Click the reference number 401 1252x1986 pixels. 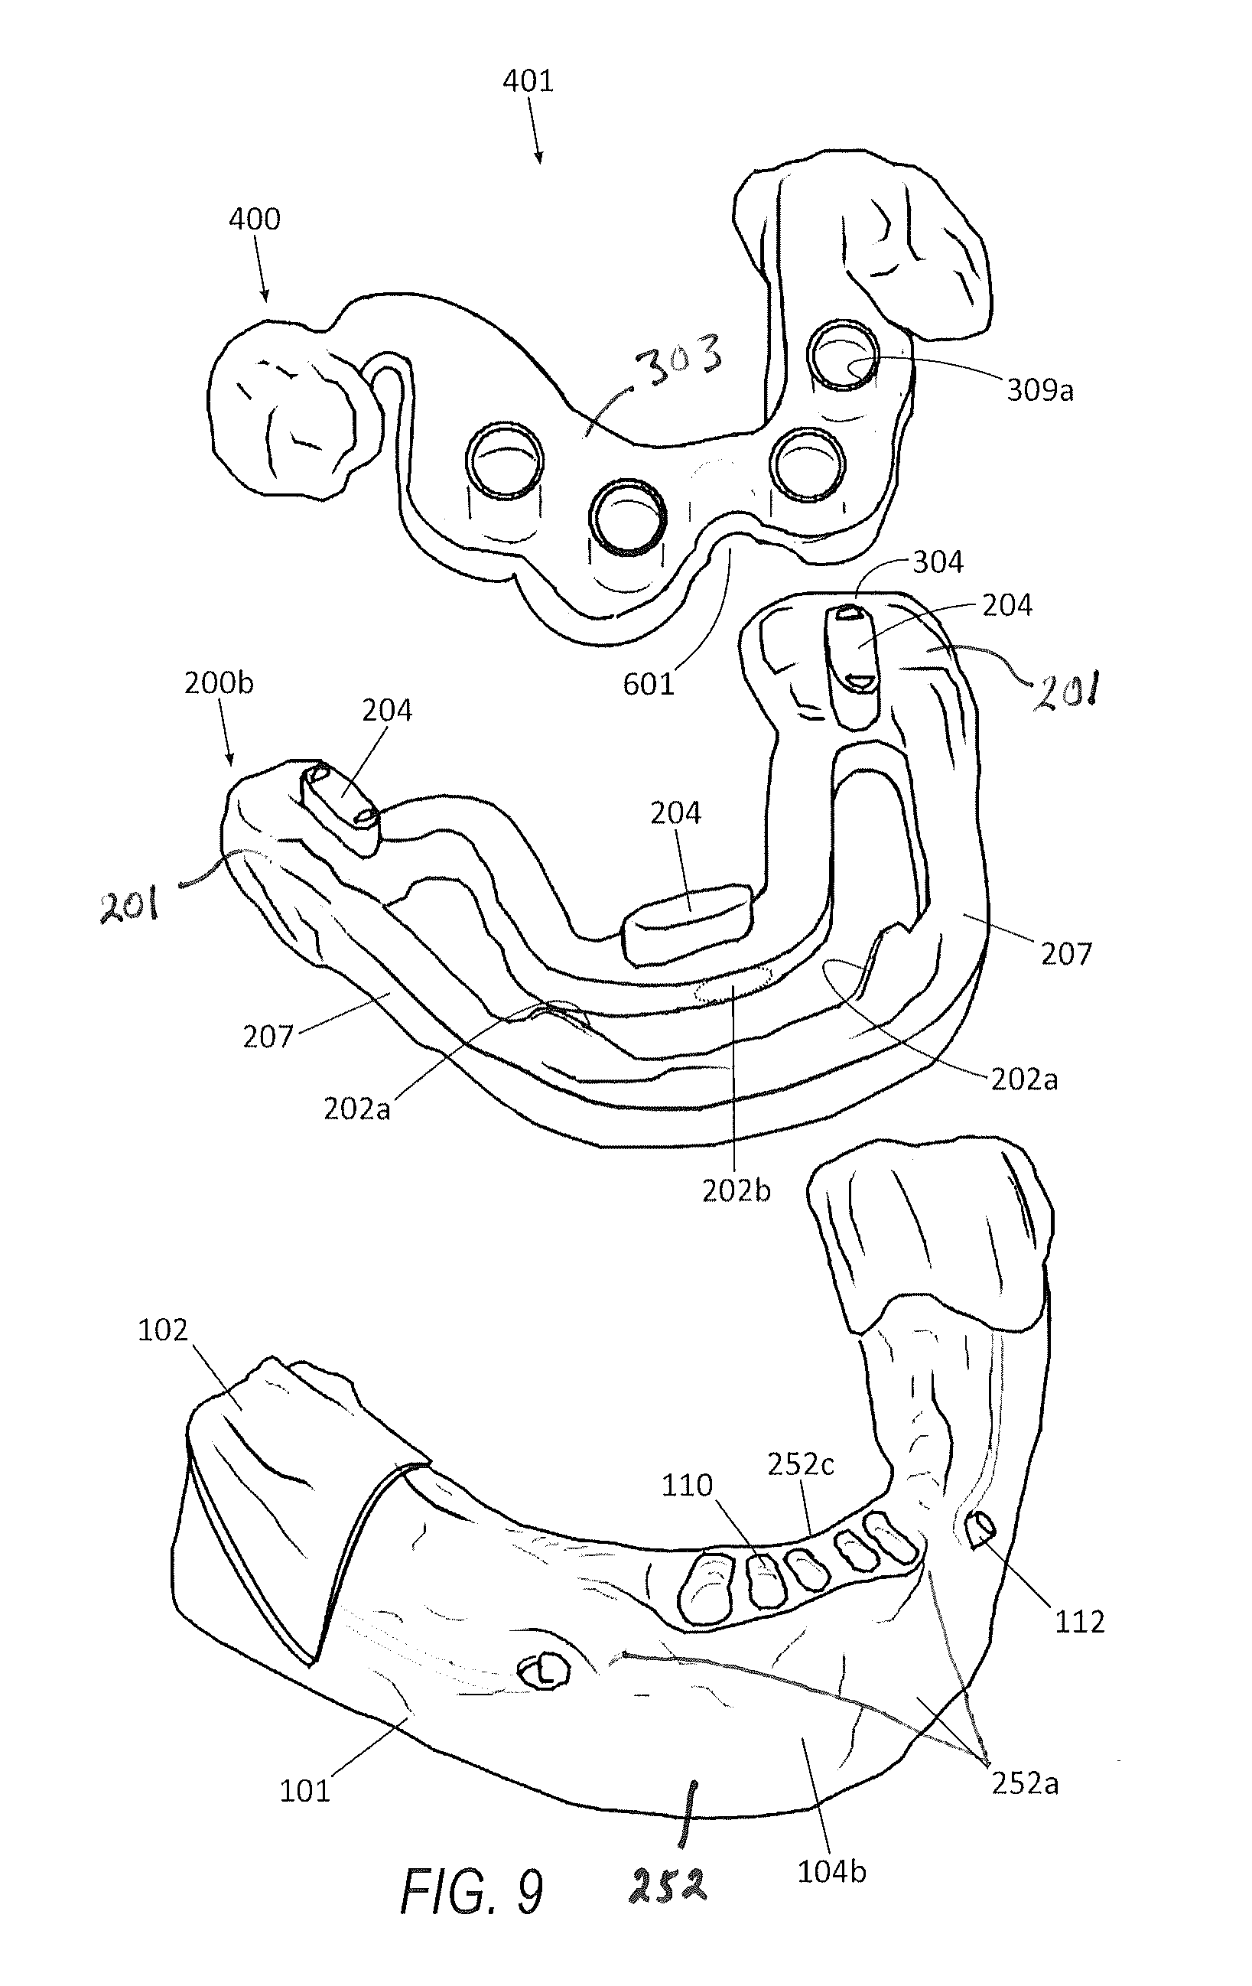[528, 81]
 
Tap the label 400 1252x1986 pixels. [255, 219]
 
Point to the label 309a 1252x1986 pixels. [1040, 389]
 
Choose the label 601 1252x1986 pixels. [649, 684]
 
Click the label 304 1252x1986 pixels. [938, 562]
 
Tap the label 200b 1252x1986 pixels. [219, 683]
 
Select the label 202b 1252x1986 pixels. [737, 1191]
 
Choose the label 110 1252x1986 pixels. [687, 1486]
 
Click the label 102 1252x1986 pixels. [162, 1330]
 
